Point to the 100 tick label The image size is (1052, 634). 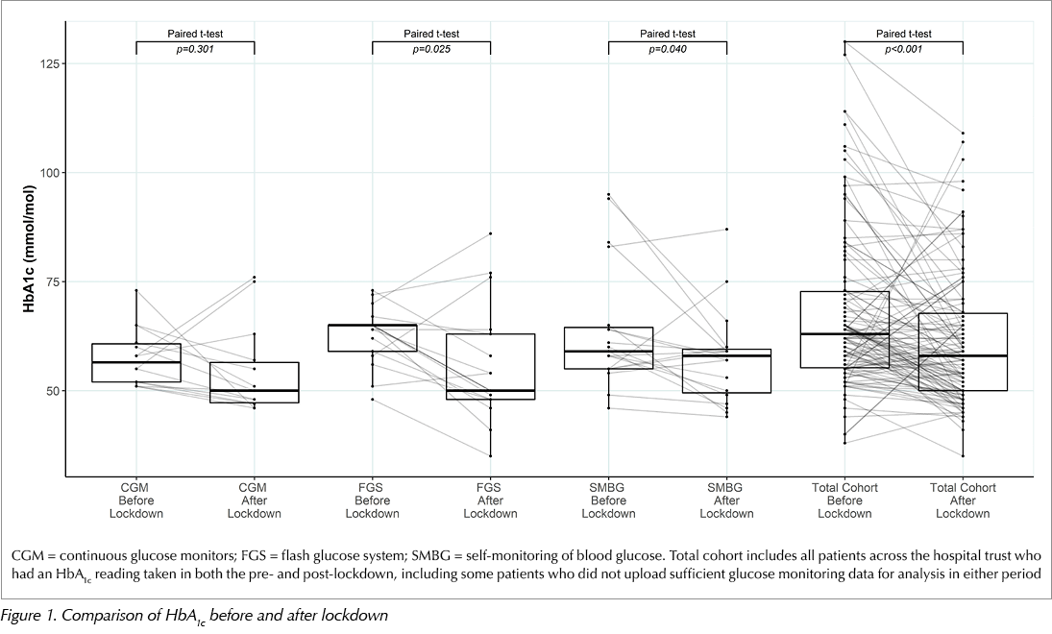(x=50, y=172)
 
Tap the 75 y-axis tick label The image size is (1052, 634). (x=53, y=281)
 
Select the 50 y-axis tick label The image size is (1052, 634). (x=53, y=390)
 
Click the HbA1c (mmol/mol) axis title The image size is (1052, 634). (x=30, y=248)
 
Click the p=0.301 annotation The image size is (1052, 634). (x=195, y=49)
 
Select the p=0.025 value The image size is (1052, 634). (x=431, y=49)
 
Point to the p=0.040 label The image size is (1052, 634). (x=668, y=49)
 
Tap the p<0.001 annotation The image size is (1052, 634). (x=904, y=49)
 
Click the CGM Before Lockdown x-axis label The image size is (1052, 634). (x=136, y=500)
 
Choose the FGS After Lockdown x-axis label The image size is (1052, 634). (x=490, y=500)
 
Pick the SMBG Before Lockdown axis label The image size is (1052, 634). (x=608, y=500)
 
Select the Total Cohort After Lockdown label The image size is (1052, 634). (x=963, y=500)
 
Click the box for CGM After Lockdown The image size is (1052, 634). (x=255, y=382)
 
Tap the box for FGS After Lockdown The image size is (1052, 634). (x=490, y=366)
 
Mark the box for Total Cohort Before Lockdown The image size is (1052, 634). (x=844, y=329)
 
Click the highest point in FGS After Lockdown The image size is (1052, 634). (x=490, y=233)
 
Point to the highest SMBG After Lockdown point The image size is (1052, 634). (x=726, y=230)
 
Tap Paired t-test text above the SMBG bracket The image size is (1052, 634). (x=668, y=34)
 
